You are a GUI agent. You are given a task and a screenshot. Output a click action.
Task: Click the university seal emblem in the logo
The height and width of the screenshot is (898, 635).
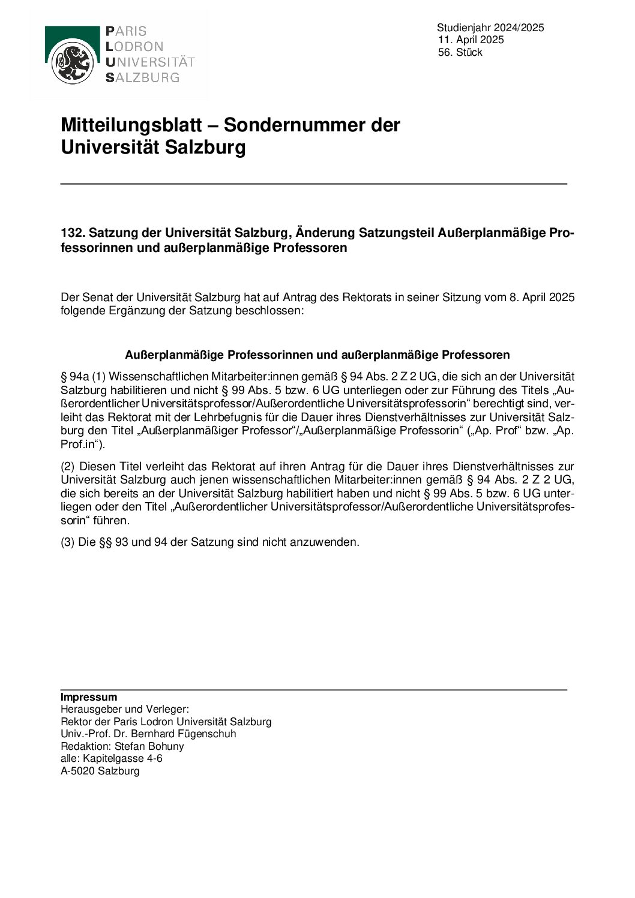(x=72, y=64)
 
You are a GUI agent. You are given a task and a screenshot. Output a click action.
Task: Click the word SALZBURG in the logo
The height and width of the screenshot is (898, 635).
(x=143, y=77)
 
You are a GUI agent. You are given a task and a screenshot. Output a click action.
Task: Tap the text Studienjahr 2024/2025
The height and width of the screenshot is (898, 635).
(x=490, y=28)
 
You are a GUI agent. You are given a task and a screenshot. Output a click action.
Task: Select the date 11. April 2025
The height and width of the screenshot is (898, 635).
(x=471, y=40)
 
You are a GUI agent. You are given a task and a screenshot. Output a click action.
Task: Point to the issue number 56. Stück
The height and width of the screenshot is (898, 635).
(x=460, y=53)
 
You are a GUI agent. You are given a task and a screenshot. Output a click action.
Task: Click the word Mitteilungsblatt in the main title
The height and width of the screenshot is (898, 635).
(x=131, y=125)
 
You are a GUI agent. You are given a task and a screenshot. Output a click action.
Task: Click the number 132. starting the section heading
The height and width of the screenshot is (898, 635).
(x=73, y=233)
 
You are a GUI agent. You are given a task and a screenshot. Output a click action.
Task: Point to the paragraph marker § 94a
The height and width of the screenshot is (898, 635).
(x=74, y=377)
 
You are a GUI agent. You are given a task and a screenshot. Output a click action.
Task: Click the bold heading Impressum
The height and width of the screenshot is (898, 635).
(x=89, y=697)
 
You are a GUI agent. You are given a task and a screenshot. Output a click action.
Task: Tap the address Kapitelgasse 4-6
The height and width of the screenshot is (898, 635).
(x=122, y=758)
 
